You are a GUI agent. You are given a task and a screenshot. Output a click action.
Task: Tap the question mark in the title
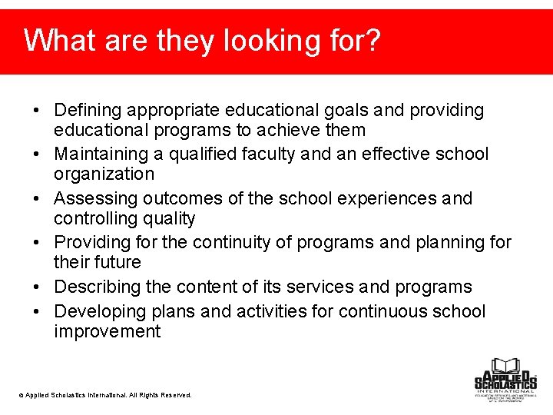pyautogui.click(x=373, y=40)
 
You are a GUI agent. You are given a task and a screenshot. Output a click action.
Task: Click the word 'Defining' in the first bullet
pyautogui.click(x=88, y=111)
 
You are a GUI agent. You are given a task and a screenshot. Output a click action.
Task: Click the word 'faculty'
pyautogui.click(x=266, y=154)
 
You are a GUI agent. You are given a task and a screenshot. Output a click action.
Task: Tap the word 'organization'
pyautogui.click(x=104, y=174)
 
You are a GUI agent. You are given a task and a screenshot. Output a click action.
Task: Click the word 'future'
pyautogui.click(x=118, y=263)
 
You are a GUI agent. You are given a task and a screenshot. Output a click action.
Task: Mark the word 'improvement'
pyautogui.click(x=108, y=332)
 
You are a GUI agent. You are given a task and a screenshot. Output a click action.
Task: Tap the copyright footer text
pyautogui.click(x=105, y=395)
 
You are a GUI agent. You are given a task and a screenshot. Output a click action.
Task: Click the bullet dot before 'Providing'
pyautogui.click(x=38, y=243)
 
